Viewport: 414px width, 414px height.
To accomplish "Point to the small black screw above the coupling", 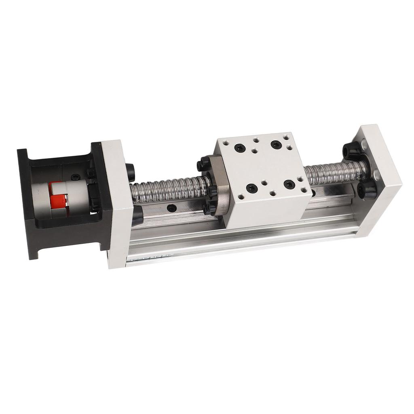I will pos(75,177).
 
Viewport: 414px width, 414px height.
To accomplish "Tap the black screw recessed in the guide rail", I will pos(172,209).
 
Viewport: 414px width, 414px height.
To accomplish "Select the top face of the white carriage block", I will pos(263,166).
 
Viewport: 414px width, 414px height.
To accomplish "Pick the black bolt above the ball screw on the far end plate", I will pos(351,151).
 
